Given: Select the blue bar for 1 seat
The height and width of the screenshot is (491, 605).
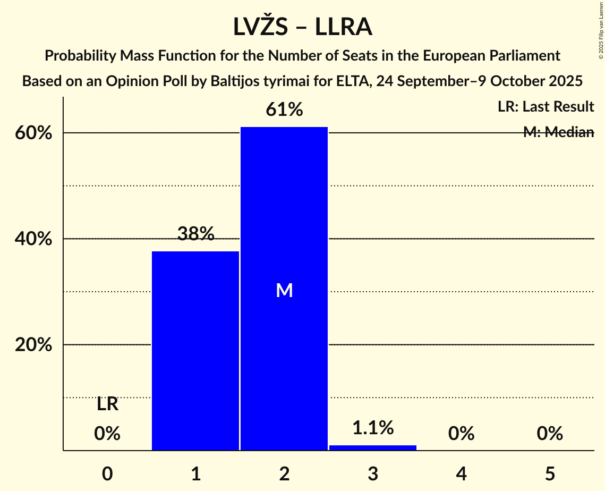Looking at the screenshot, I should tap(195, 351).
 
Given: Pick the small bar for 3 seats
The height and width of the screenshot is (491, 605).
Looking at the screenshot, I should tap(373, 447).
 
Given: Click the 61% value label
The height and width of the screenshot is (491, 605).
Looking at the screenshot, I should tap(284, 110).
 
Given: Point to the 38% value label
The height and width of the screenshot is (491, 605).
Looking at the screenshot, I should tap(195, 234).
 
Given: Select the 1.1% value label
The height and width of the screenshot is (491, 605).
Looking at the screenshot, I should tap(373, 427).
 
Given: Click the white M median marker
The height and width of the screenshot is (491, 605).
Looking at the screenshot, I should tap(284, 290).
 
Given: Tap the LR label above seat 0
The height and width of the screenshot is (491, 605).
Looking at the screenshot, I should tap(107, 404).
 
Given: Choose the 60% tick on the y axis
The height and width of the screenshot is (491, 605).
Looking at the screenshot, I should tap(33, 133).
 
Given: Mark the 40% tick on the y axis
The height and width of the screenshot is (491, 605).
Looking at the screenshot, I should tap(33, 239).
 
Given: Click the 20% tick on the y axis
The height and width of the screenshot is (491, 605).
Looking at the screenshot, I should tap(33, 345).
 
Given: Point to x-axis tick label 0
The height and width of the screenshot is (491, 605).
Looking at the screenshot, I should tap(107, 473).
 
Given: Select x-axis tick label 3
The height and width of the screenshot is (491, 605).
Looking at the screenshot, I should tap(373, 473).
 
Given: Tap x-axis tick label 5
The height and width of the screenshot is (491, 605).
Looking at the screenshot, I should tap(550, 473).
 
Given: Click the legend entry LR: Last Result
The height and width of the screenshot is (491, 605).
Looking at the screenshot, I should tap(546, 107).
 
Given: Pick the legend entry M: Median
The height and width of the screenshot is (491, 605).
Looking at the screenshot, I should tap(558, 132).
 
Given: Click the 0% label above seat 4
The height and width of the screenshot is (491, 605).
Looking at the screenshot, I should tap(461, 434).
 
